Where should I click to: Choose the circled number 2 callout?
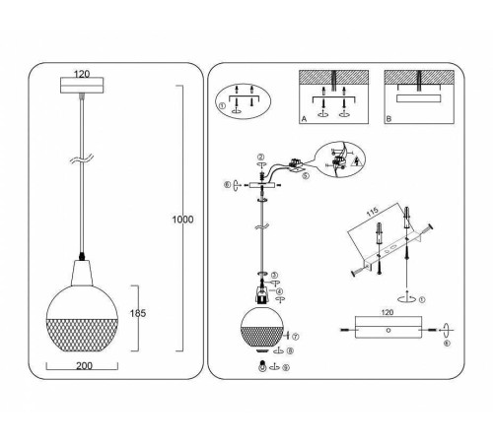click(260, 158)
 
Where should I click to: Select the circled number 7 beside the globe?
click(296, 337)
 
